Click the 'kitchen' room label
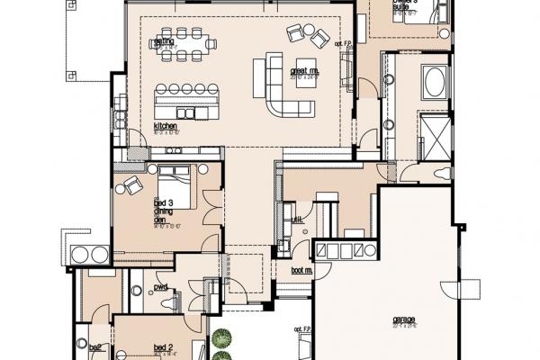164,126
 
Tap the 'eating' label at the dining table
164,40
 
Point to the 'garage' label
405,319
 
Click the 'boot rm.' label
301,269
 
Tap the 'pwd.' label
162,287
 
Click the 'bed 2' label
163,347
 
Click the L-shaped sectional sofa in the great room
284,86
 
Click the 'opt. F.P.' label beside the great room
342,44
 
